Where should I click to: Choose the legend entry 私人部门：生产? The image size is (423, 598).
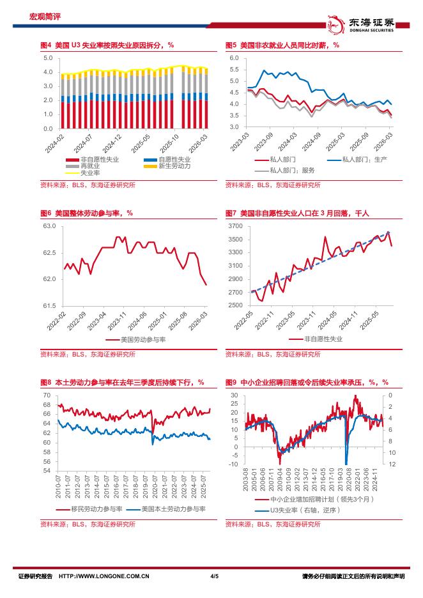365,159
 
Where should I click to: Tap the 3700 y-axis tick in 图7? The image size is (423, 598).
235,226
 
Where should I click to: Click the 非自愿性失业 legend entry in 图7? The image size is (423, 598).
323,340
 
